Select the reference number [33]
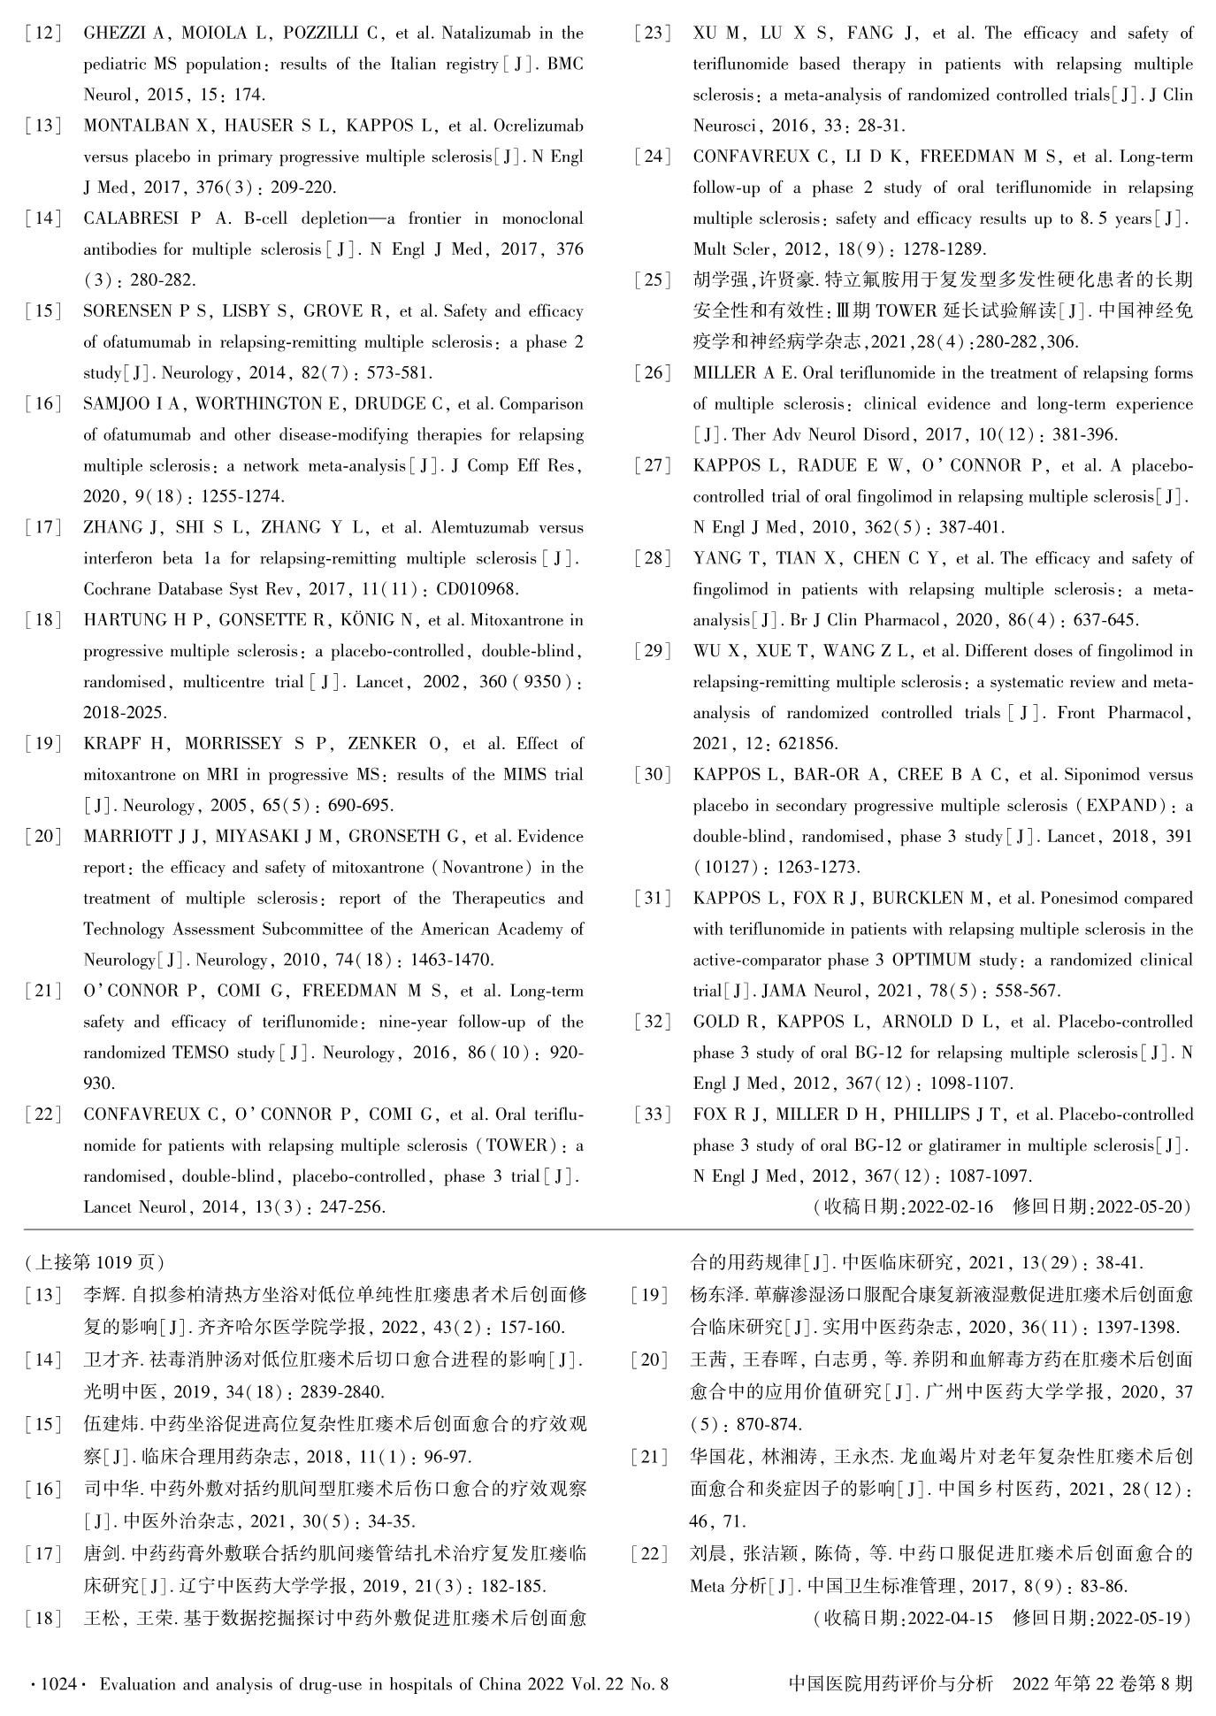pyautogui.click(x=653, y=1115)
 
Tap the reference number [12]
pyautogui.click(x=43, y=34)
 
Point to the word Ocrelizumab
pyautogui.click(x=539, y=126)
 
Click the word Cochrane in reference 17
pyautogui.click(x=119, y=589)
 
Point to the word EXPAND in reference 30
pyautogui.click(x=1120, y=805)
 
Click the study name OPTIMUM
pyautogui.click(x=931, y=960)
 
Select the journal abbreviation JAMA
pyautogui.click(x=782, y=991)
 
